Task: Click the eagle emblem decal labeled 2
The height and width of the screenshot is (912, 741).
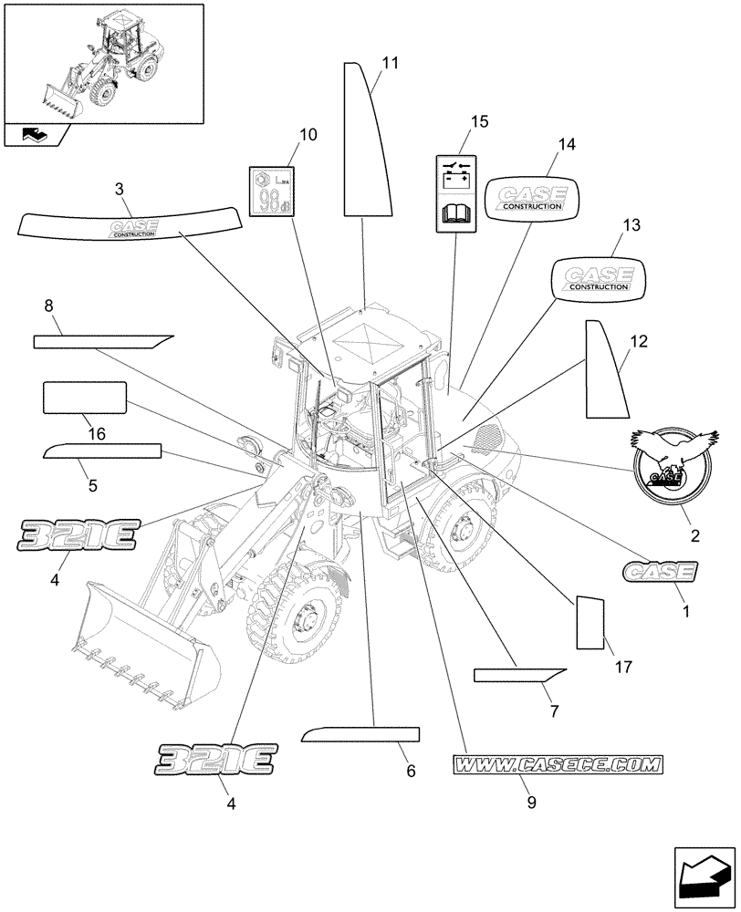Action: point(670,462)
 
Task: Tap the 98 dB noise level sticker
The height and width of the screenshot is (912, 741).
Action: point(270,192)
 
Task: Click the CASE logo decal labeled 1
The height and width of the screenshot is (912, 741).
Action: point(659,572)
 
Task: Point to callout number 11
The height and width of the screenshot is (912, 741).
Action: point(391,63)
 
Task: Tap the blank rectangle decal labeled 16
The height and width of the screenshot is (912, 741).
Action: point(84,399)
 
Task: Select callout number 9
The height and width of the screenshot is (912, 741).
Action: point(532,803)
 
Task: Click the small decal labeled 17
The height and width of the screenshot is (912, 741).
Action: point(590,624)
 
